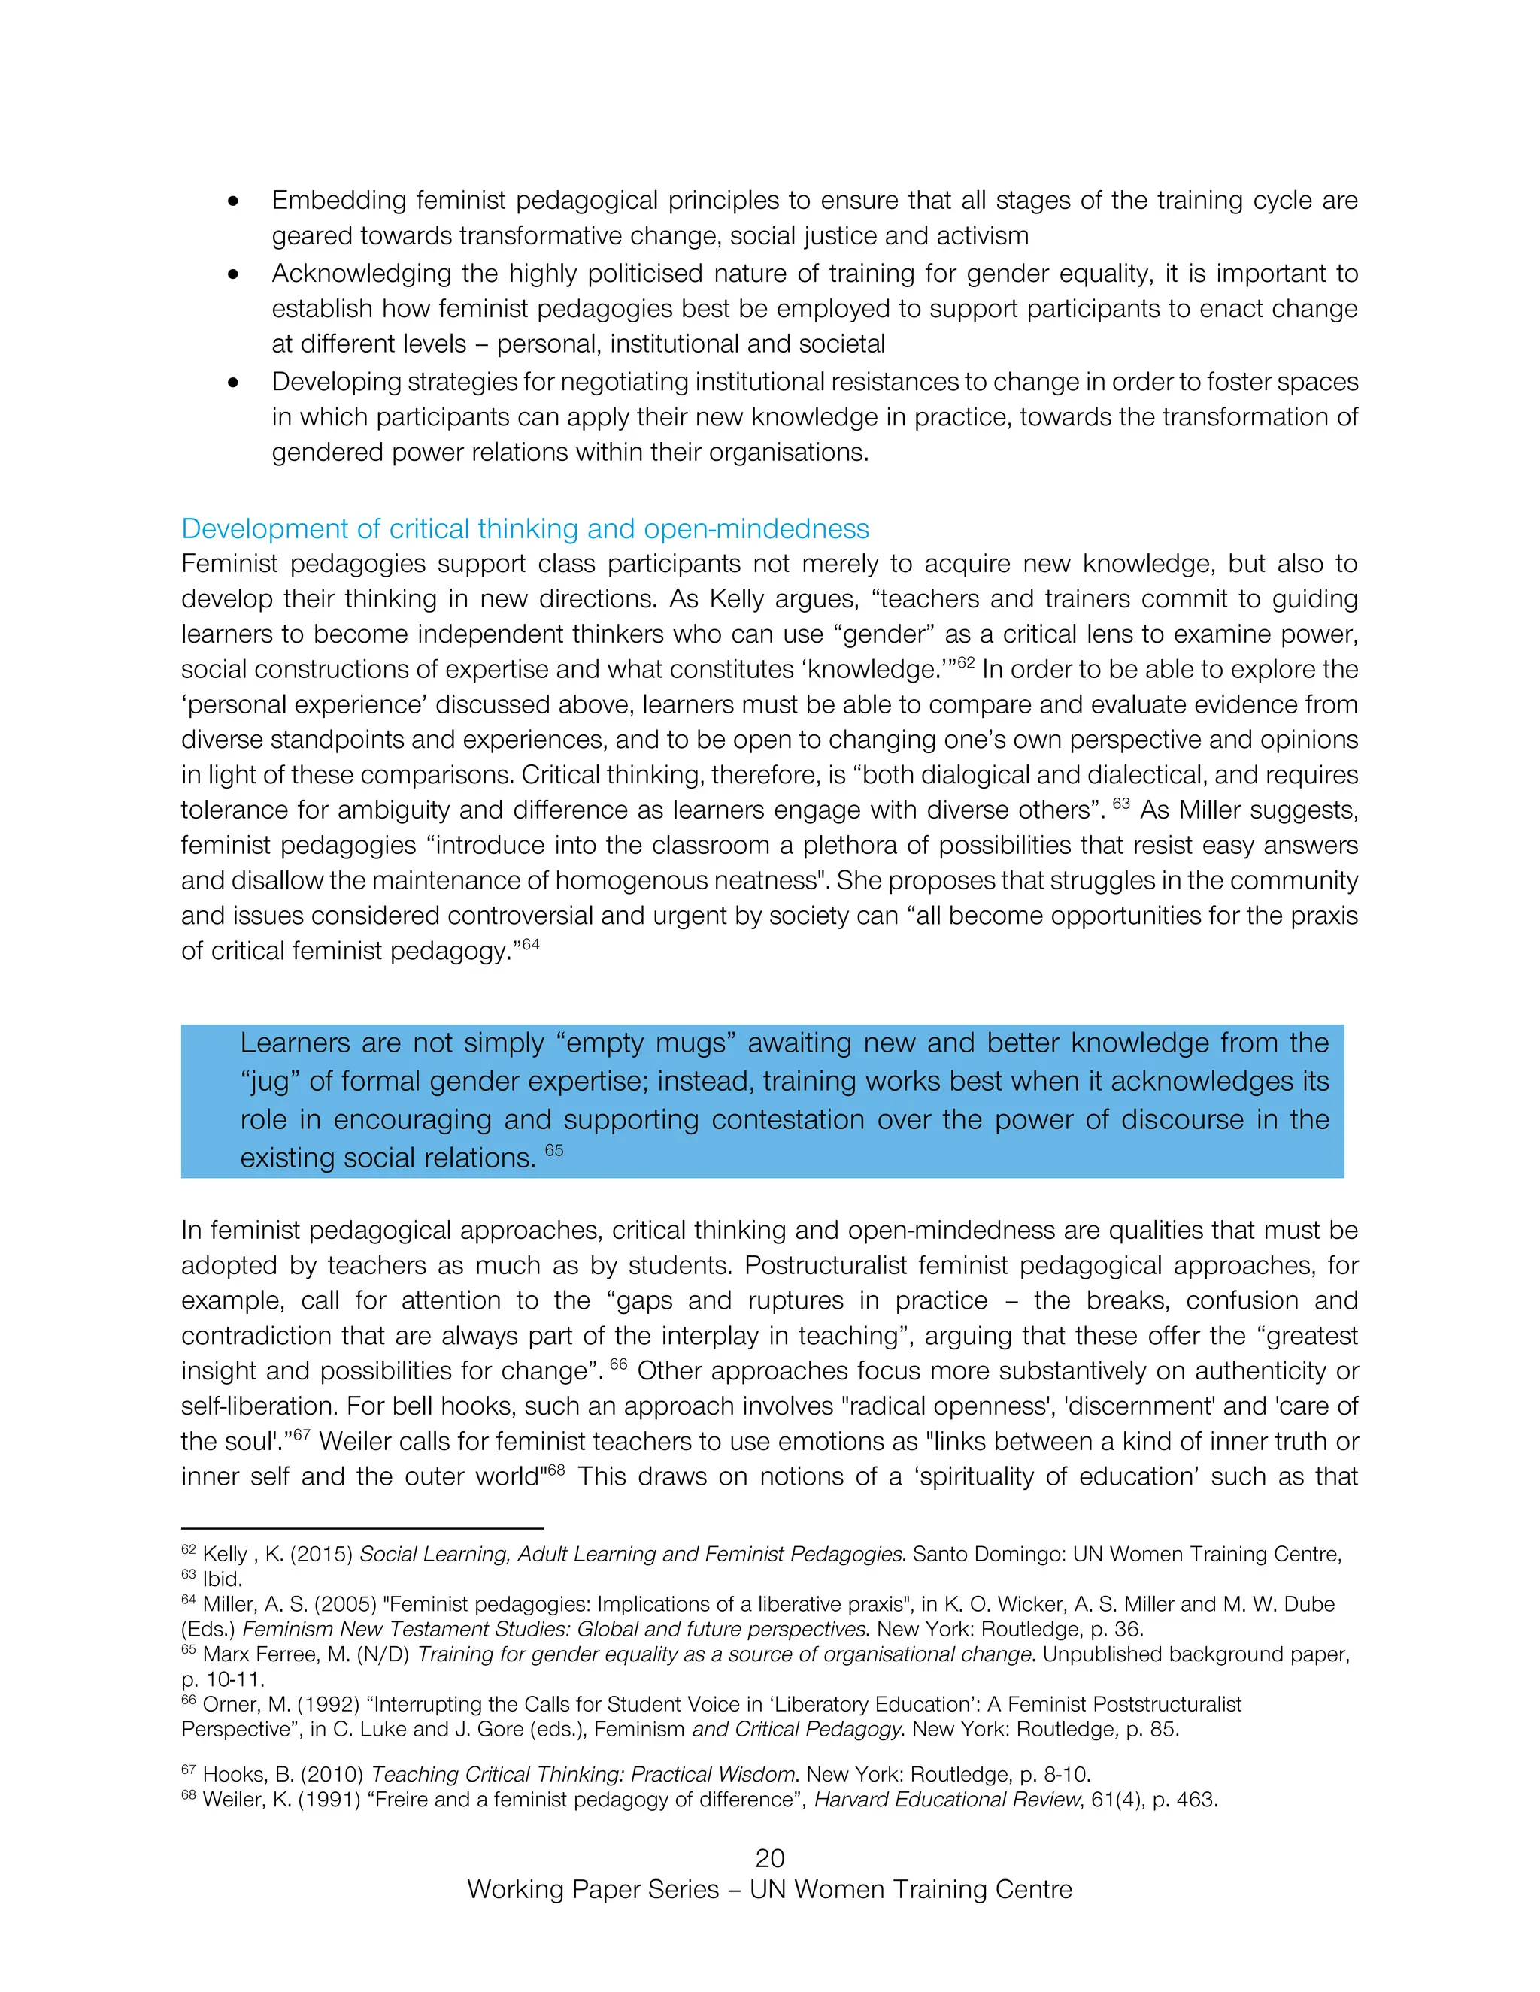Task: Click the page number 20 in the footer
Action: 769,1858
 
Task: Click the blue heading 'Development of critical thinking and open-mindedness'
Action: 525,529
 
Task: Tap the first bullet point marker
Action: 234,201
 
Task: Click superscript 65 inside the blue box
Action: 553,1150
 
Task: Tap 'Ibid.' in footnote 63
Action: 222,1579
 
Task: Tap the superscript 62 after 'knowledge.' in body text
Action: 966,662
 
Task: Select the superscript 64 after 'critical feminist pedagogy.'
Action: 530,944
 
